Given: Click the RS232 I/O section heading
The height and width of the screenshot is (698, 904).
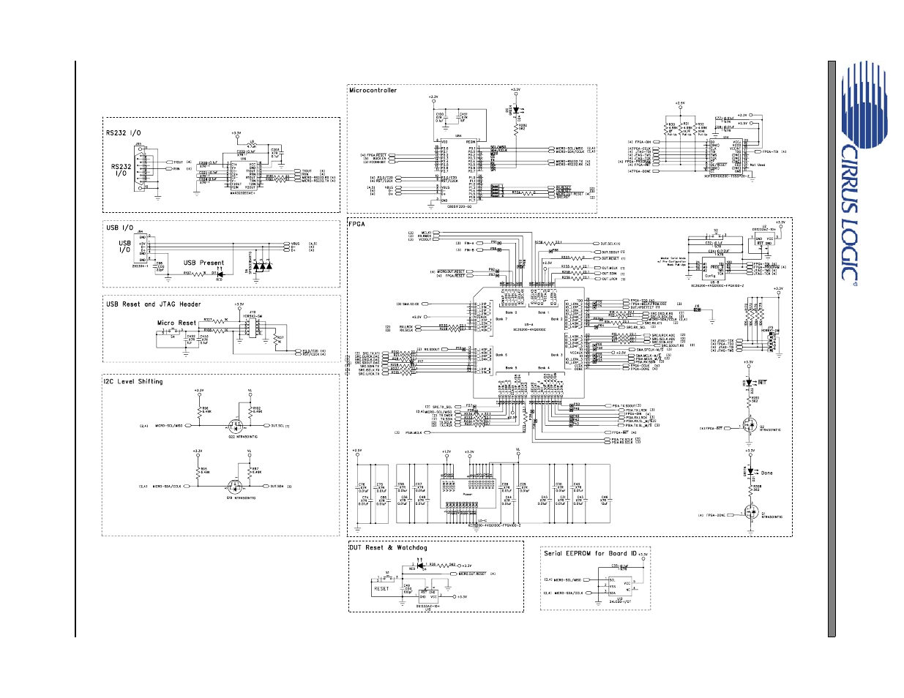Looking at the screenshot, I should (124, 133).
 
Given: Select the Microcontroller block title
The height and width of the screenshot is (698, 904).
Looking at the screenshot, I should (373, 91).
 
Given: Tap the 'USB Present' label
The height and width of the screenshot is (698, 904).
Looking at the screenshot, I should (203, 263).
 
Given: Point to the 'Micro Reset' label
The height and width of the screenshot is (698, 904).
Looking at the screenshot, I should (176, 323).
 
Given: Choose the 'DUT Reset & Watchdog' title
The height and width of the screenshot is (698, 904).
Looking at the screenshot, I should (388, 547).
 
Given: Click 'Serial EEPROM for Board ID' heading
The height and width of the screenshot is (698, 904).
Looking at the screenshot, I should (590, 553).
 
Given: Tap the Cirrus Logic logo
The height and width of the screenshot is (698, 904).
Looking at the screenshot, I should (853, 176).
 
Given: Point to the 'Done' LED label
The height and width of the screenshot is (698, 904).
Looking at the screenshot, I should (766, 473).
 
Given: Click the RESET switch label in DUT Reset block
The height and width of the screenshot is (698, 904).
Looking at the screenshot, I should (381, 588).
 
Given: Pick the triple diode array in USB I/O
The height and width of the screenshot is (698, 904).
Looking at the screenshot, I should (262, 267).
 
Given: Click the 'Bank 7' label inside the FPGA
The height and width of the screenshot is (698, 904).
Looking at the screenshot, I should (501, 319).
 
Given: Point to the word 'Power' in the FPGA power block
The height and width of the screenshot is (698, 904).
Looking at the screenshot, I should (468, 494).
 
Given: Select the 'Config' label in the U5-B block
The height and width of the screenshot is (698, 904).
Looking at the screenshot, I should (711, 276).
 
